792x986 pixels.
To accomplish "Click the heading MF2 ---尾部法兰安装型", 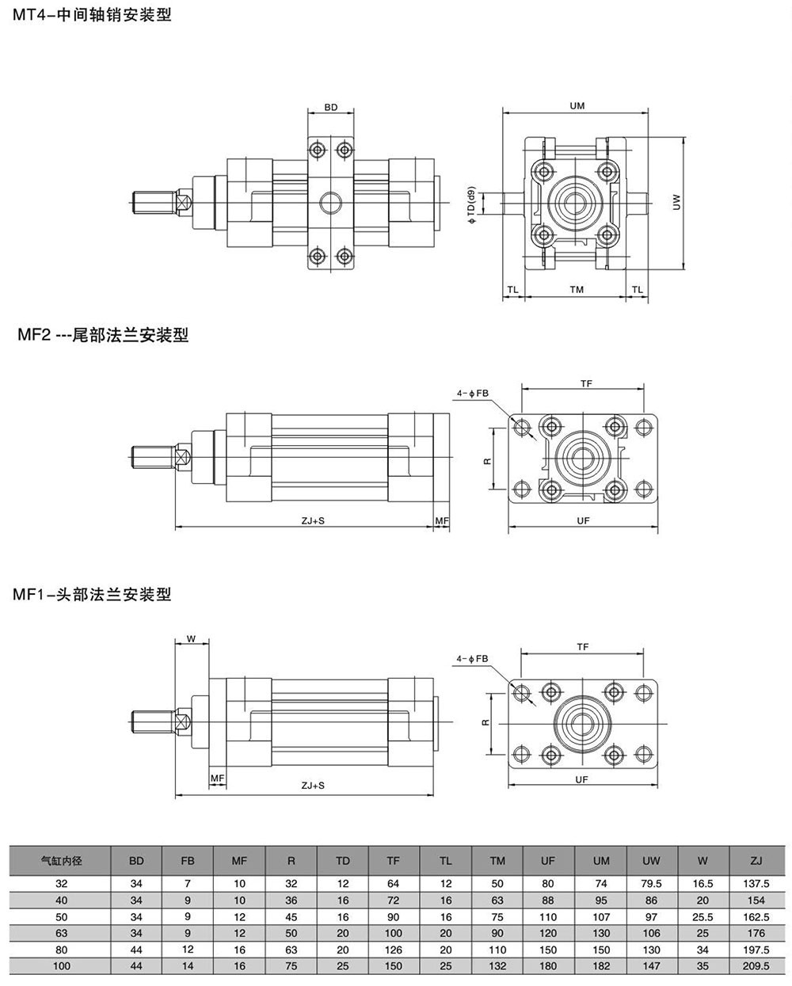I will pyautogui.click(x=103, y=336).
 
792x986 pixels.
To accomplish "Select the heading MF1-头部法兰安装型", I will pyautogui.click(x=92, y=594).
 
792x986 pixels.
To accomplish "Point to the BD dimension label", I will pyautogui.click(x=331, y=107).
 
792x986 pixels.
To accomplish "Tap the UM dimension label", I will pyautogui.click(x=577, y=106).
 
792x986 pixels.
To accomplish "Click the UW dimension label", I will pyautogui.click(x=676, y=203).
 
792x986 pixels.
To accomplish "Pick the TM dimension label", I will pyautogui.click(x=577, y=290).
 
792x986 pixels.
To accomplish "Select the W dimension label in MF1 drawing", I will pyautogui.click(x=190, y=638).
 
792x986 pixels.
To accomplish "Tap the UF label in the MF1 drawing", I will pyautogui.click(x=582, y=779).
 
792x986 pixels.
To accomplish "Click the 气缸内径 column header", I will pyautogui.click(x=61, y=859).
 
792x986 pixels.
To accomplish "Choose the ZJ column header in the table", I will pyautogui.click(x=756, y=859).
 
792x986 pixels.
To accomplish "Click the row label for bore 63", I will pyautogui.click(x=61, y=933).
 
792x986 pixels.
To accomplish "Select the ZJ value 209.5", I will pyautogui.click(x=756, y=966).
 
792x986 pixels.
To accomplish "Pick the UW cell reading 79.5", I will pyautogui.click(x=651, y=883).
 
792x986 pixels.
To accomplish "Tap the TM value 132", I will pyautogui.click(x=497, y=966).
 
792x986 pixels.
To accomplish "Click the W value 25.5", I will pyautogui.click(x=703, y=916).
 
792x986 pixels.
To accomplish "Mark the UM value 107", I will pyautogui.click(x=601, y=916).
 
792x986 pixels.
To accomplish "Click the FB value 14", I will pyautogui.click(x=188, y=966).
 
